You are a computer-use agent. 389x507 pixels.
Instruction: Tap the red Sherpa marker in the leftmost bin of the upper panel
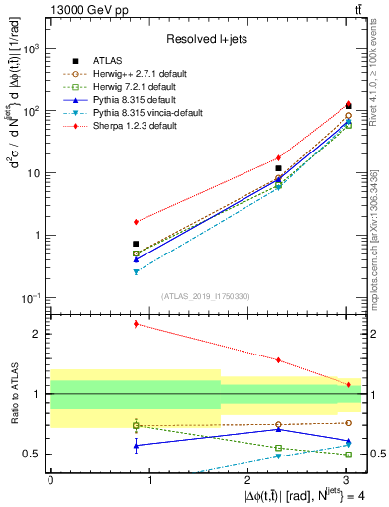(136, 221)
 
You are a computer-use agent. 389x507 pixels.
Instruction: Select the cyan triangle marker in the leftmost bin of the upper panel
(136, 271)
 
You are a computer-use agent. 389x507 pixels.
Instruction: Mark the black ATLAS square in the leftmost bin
(136, 244)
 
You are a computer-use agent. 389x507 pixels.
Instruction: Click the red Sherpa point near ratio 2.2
(136, 324)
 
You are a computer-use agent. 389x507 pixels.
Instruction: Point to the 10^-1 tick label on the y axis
(33, 298)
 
